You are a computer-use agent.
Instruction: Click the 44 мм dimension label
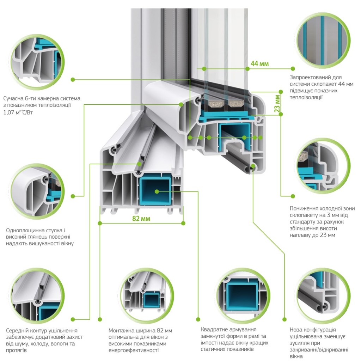tap(259, 64)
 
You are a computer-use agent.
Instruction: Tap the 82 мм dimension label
tap(141, 219)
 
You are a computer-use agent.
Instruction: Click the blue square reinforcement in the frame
tap(155, 191)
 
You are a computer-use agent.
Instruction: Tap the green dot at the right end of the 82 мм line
tap(183, 223)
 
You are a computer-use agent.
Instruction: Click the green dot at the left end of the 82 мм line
tap(100, 223)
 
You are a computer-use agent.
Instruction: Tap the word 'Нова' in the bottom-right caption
tap(296, 329)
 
